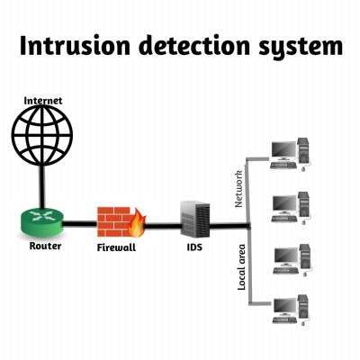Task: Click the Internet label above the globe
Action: click(43, 101)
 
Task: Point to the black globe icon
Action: click(43, 140)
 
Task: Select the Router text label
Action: click(44, 245)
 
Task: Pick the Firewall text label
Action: click(116, 246)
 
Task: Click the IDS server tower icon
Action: click(195, 220)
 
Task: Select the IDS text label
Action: click(195, 246)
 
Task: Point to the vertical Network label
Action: click(239, 187)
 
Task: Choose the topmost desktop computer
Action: click(290, 154)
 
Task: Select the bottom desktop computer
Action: click(290, 306)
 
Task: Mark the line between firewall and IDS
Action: click(162, 222)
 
